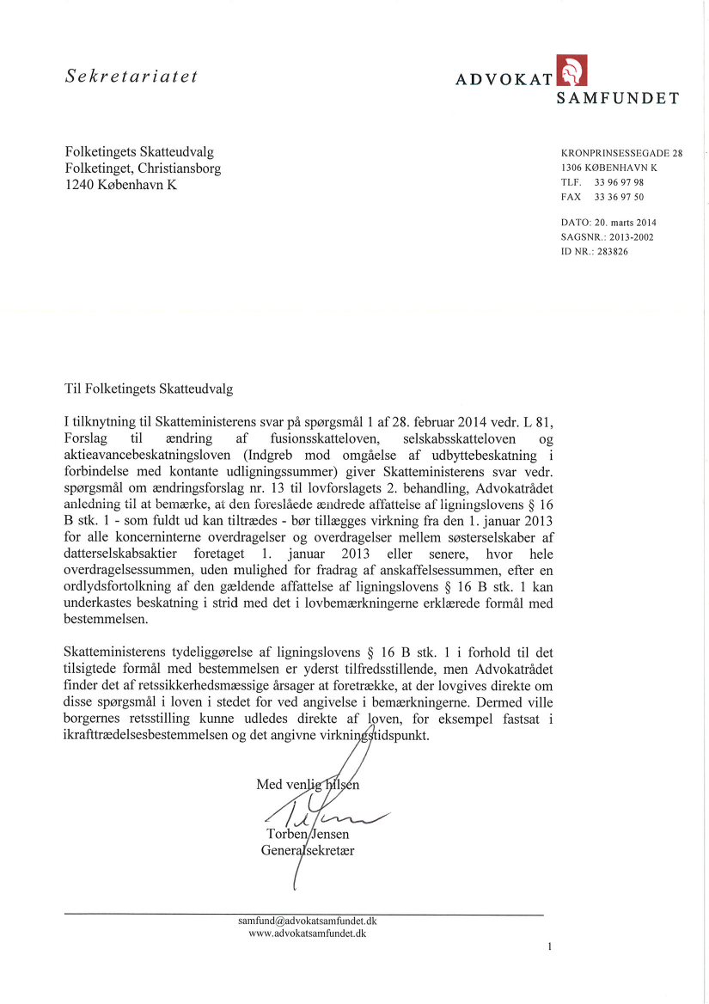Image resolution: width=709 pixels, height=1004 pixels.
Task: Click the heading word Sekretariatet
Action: click(132, 76)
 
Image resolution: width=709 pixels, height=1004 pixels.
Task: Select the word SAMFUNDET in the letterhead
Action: click(617, 98)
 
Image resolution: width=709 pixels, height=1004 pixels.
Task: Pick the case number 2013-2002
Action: click(637, 237)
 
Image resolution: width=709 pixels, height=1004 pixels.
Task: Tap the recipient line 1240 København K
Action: click(121, 185)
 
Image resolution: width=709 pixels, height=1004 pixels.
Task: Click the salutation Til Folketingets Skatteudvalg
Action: click(149, 389)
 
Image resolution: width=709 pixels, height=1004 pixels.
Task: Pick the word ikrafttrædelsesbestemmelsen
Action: click(150, 737)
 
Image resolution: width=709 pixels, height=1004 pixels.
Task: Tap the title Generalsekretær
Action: click(308, 851)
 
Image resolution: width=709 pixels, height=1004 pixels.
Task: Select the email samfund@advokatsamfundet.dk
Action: click(307, 921)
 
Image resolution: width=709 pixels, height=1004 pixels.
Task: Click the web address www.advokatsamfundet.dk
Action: click(307, 934)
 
